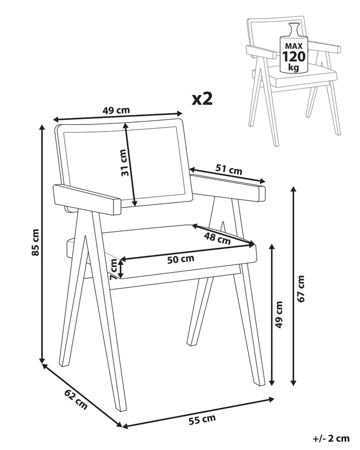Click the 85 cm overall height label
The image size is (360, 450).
pyautogui.click(x=35, y=242)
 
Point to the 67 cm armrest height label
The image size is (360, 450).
pyautogui.click(x=300, y=288)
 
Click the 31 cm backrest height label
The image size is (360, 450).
pyautogui.click(x=124, y=162)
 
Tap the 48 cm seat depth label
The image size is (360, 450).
pyautogui.click(x=217, y=238)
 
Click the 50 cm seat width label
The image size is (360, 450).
pyautogui.click(x=181, y=259)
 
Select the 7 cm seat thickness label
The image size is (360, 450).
pyautogui.click(x=113, y=269)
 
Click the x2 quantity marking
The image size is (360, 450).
pyautogui.click(x=202, y=98)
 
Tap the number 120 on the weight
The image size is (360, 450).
pyautogui.click(x=293, y=56)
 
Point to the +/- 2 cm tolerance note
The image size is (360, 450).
pyautogui.click(x=330, y=438)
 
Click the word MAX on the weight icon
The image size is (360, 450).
pyautogui.click(x=293, y=46)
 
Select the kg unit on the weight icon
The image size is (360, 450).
pyautogui.click(x=293, y=67)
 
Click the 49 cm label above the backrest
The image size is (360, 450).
pyautogui.click(x=116, y=110)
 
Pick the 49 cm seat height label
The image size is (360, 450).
pyautogui.click(x=278, y=315)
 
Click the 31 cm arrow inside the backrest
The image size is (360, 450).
pyautogui.click(x=130, y=164)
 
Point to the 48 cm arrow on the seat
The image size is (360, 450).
pyautogui.click(x=223, y=235)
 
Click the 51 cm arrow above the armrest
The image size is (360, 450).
pyautogui.click(x=227, y=175)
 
